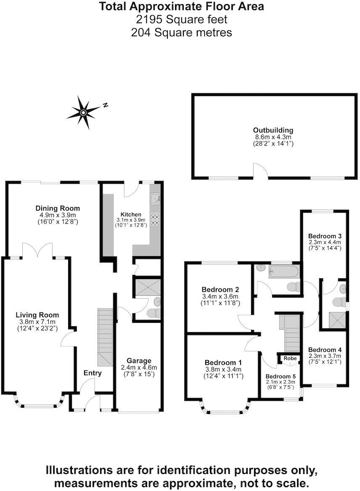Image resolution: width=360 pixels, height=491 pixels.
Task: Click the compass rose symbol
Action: pyautogui.click(x=84, y=112)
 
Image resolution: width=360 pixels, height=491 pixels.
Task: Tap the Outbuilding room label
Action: pyautogui.click(x=273, y=130)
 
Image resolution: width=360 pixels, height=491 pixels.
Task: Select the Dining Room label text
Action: pyautogui.click(x=58, y=209)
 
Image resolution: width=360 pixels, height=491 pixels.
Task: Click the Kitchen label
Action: pyautogui.click(x=131, y=214)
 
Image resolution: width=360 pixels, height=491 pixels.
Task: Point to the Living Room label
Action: pyautogui.click(x=37, y=315)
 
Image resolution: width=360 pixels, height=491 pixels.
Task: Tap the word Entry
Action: pyautogui.click(x=93, y=373)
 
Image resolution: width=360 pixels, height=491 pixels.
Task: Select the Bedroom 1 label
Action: pyautogui.click(x=223, y=363)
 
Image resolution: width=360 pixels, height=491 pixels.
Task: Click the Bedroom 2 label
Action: pyautogui.click(x=220, y=290)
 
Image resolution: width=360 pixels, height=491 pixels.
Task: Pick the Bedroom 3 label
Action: pyautogui.click(x=325, y=236)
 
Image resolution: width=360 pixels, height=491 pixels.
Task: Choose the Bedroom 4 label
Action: pyautogui.click(x=325, y=350)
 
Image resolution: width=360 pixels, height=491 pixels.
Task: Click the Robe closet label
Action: pyautogui.click(x=290, y=359)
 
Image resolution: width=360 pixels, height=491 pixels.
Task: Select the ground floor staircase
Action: pyautogui.click(x=106, y=336)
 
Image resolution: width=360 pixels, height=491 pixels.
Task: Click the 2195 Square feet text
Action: pyautogui.click(x=182, y=19)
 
